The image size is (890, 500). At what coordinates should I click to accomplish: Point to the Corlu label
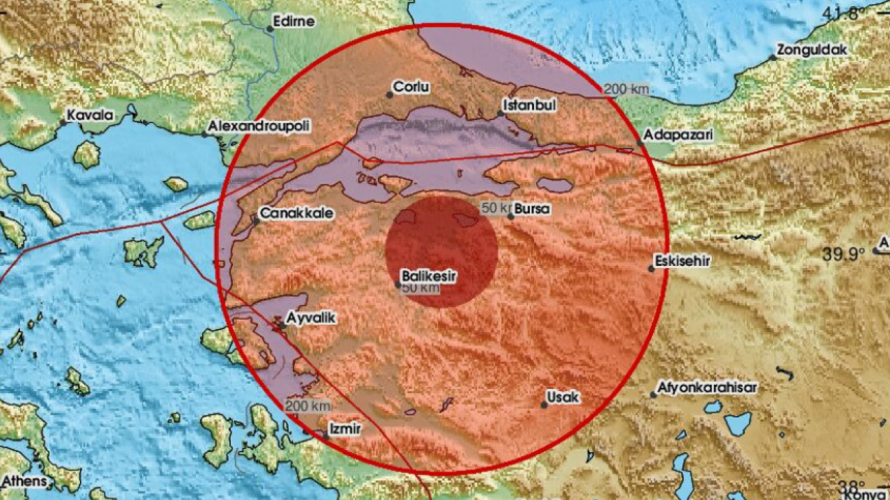(x=412, y=87)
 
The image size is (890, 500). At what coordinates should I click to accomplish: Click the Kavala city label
(x=90, y=115)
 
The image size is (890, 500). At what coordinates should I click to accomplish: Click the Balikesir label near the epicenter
(x=430, y=276)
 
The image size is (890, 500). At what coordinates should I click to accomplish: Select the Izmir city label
(x=346, y=429)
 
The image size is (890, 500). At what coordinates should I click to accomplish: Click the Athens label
(x=24, y=481)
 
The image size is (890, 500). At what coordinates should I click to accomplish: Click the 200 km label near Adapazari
(x=626, y=89)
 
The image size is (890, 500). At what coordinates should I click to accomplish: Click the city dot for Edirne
(x=270, y=28)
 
